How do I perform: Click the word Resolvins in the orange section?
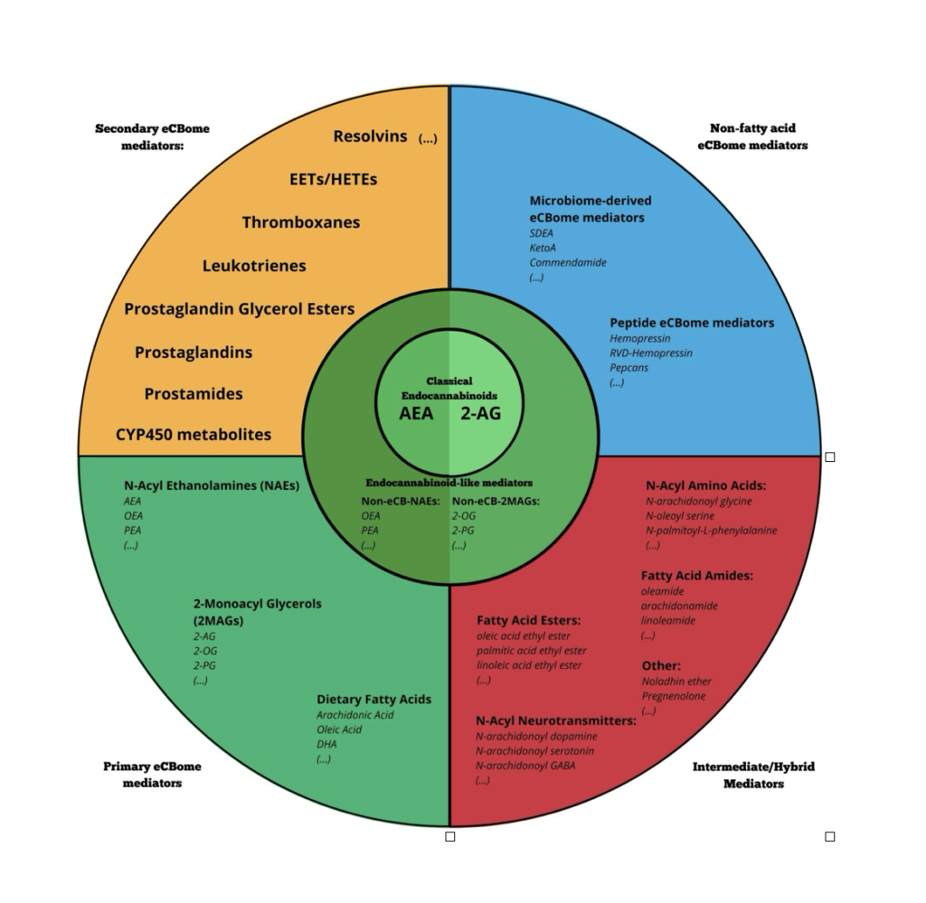point(370,136)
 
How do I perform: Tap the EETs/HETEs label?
point(333,179)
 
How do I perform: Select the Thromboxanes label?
point(300,222)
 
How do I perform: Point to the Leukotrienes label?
point(254,266)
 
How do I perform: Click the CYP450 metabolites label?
point(193,435)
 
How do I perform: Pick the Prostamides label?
point(194,394)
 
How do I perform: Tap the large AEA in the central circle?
point(416,414)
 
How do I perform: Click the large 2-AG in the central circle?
point(480,414)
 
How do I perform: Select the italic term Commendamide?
point(568,262)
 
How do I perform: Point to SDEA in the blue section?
point(542,233)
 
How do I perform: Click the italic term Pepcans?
point(628,368)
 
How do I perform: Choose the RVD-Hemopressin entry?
point(651,353)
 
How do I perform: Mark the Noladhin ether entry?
point(676,682)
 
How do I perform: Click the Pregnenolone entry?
point(674,696)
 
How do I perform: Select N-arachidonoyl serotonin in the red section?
point(534,751)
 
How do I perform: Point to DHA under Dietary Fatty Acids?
point(327,744)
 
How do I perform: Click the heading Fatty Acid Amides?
point(696,576)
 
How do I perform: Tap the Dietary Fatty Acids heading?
point(373,700)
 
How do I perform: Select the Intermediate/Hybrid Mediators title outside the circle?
point(753,775)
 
